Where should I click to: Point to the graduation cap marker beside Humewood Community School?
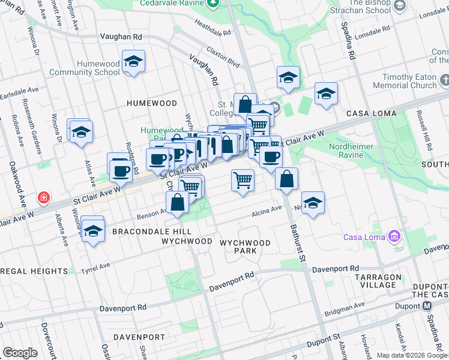point(133,61)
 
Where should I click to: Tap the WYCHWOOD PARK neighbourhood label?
point(245,247)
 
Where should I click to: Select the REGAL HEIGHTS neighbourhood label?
point(34,271)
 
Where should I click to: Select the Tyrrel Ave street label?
point(97,266)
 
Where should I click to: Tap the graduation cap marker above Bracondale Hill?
point(93,229)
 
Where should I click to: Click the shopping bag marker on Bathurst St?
point(287,179)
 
